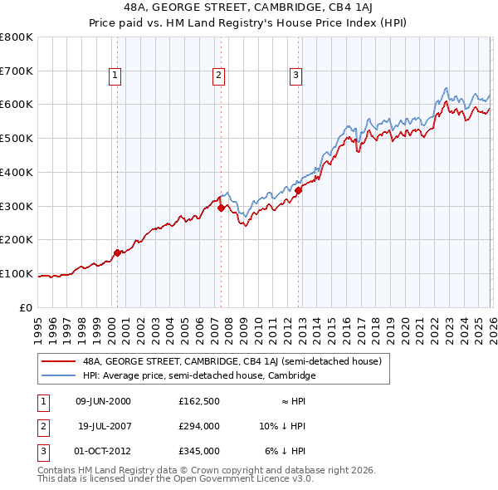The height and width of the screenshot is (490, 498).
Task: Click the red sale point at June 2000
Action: pos(117,252)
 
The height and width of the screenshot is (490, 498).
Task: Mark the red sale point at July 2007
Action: pos(221,208)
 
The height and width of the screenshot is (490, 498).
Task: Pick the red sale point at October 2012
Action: pos(298,191)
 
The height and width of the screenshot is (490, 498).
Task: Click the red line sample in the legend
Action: pos(59,361)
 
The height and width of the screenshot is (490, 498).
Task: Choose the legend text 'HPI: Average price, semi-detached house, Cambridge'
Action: pos(199,375)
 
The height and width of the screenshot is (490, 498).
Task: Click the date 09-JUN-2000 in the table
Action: pos(103,401)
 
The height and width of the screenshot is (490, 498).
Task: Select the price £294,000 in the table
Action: pos(198,426)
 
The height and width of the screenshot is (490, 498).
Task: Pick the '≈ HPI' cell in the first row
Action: pos(290,401)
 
